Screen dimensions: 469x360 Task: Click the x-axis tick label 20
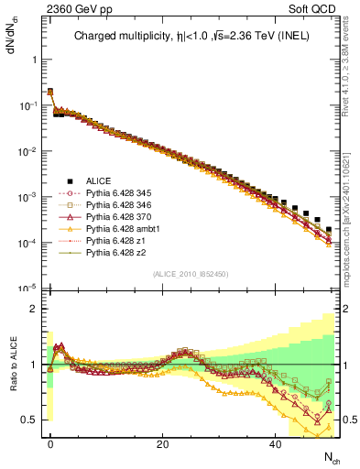tap(162, 443)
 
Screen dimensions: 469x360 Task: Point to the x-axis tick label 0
tap(50, 443)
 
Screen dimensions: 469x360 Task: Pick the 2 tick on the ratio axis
tap(33, 309)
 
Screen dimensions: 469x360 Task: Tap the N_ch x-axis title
tap(331, 456)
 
